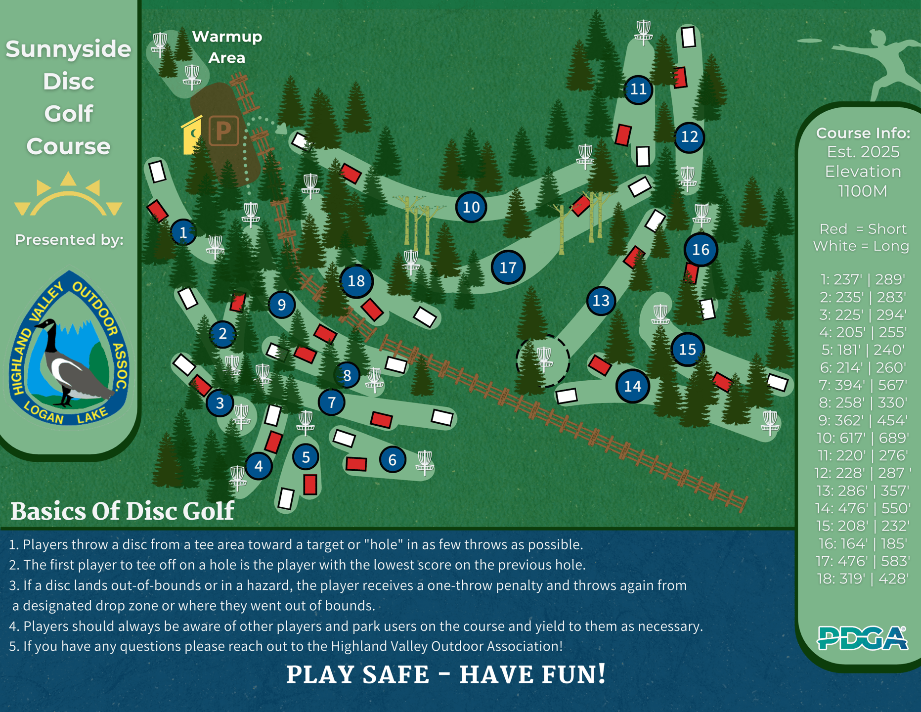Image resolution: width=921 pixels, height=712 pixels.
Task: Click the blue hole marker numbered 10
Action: click(x=471, y=207)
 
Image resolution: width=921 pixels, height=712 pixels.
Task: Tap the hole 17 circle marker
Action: click(x=508, y=267)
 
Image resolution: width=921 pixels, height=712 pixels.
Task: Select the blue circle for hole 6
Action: click(x=393, y=460)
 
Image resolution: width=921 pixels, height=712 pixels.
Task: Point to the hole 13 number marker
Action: click(x=601, y=301)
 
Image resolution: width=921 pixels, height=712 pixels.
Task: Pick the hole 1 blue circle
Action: click(x=183, y=232)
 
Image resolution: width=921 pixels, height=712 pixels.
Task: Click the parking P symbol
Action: click(x=223, y=131)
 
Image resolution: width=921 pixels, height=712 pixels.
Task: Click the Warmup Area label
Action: click(x=227, y=47)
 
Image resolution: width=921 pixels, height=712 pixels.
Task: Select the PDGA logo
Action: click(x=862, y=638)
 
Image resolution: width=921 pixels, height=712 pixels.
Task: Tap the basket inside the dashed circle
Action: click(x=544, y=358)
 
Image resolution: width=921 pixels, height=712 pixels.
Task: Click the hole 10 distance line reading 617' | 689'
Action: click(x=863, y=438)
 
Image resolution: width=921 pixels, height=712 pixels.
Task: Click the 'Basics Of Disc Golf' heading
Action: click(x=122, y=511)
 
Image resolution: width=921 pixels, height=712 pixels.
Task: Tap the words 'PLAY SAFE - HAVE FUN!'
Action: click(x=446, y=674)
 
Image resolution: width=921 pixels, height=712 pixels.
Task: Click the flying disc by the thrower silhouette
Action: click(x=810, y=41)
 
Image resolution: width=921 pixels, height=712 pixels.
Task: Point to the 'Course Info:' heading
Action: click(x=863, y=133)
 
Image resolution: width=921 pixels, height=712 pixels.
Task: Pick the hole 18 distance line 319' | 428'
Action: click(x=863, y=578)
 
